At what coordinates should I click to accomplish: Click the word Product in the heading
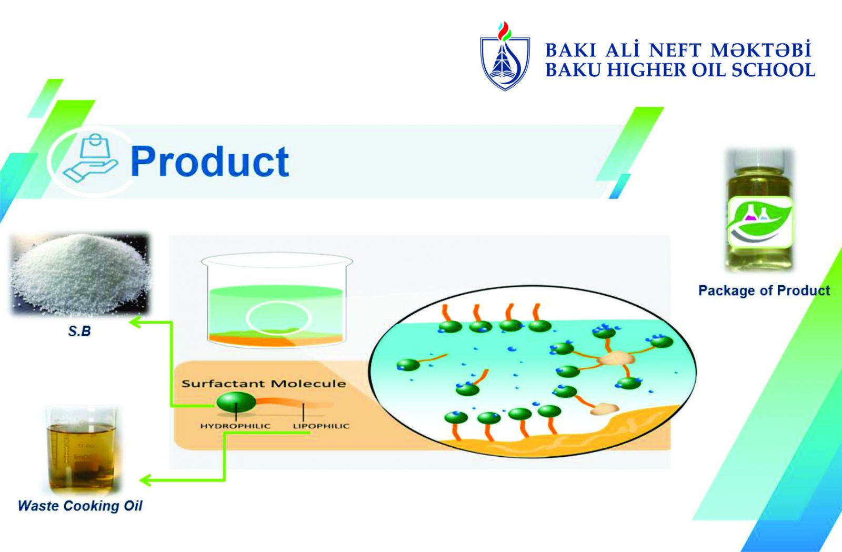pos(209,162)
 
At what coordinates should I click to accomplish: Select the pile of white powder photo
pos(79,274)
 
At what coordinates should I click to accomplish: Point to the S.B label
pos(79,331)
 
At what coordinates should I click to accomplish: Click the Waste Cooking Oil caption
pos(80,506)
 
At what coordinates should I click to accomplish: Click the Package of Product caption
pos(764,290)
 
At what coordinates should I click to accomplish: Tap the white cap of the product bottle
pos(759,159)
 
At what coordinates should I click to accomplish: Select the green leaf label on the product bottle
pos(760,222)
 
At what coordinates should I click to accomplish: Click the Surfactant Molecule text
pos(264,384)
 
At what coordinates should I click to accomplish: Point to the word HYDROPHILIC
pos(235,426)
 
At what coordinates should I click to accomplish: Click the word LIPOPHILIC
pos(321,426)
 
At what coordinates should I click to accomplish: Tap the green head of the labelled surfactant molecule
pos(236,402)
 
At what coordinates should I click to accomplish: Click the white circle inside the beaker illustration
pos(278,318)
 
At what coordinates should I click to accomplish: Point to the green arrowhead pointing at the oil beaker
pos(145,480)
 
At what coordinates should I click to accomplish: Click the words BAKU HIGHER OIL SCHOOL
pos(680,71)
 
